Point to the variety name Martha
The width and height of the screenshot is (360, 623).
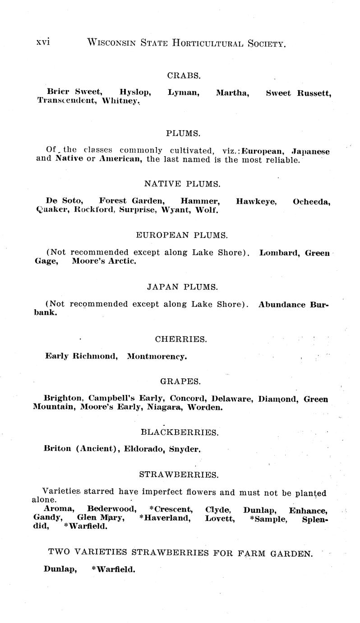232,93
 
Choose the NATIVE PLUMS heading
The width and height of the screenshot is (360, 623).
182,184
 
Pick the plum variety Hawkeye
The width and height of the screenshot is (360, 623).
256,201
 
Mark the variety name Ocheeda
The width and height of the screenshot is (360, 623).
312,201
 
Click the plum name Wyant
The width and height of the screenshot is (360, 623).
171,210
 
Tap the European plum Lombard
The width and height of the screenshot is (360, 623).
280,253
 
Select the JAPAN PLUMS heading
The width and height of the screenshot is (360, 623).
182,287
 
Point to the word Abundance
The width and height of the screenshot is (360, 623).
282,304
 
